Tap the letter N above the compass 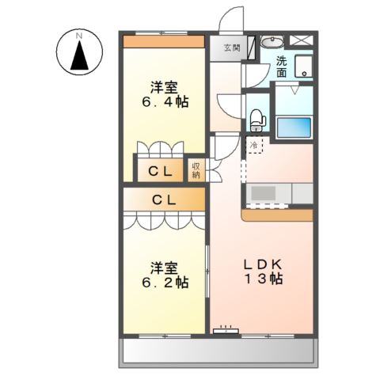tap(79, 35)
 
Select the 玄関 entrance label tap(232, 48)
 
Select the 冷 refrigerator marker tap(253, 146)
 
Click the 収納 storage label tap(196, 169)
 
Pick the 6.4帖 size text tap(165, 102)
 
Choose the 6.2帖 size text tap(165, 283)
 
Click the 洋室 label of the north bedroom tap(165, 85)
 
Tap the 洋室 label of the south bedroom tap(165, 266)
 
